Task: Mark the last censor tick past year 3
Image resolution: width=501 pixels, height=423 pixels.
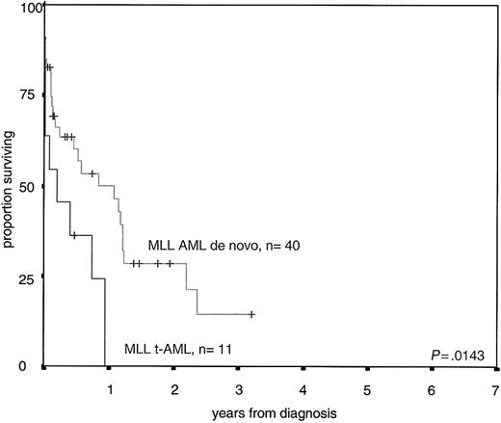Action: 251,314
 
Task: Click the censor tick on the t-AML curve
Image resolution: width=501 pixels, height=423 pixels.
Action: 73,235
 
